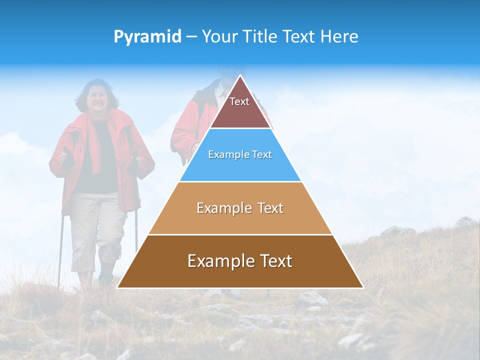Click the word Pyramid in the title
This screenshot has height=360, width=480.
(x=147, y=37)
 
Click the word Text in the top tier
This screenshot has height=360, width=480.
(x=239, y=101)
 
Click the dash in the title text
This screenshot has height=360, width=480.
(x=191, y=37)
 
